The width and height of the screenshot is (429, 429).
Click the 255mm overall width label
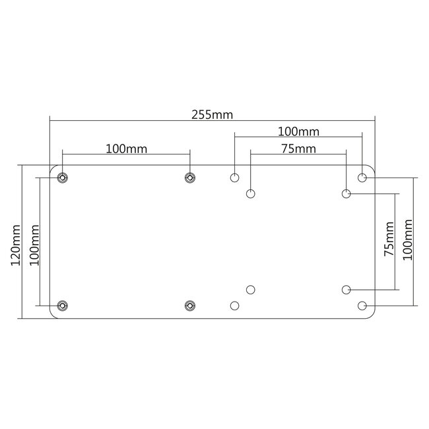(x=213, y=114)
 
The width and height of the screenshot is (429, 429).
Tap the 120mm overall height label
(x=16, y=245)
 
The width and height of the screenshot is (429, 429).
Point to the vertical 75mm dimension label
(x=388, y=241)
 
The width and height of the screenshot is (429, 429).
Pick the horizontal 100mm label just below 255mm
(x=298, y=131)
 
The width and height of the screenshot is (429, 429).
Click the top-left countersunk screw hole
(x=62, y=177)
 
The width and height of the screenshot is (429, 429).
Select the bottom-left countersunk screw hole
(x=62, y=305)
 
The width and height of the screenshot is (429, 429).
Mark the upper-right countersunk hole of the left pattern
(x=190, y=177)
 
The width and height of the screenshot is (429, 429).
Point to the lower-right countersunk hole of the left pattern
(x=190, y=305)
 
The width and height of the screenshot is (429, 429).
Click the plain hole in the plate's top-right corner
(x=362, y=177)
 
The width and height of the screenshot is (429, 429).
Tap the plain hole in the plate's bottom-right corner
(x=362, y=305)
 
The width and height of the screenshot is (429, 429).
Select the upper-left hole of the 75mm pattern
(x=251, y=193)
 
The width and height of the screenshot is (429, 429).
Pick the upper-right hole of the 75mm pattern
(x=346, y=193)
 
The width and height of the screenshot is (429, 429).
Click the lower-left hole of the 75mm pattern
(x=251, y=289)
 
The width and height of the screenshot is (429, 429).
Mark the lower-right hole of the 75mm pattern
(x=346, y=289)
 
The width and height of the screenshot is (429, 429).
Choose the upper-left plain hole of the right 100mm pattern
(x=234, y=177)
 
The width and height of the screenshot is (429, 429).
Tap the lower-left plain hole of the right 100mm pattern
(x=234, y=305)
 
